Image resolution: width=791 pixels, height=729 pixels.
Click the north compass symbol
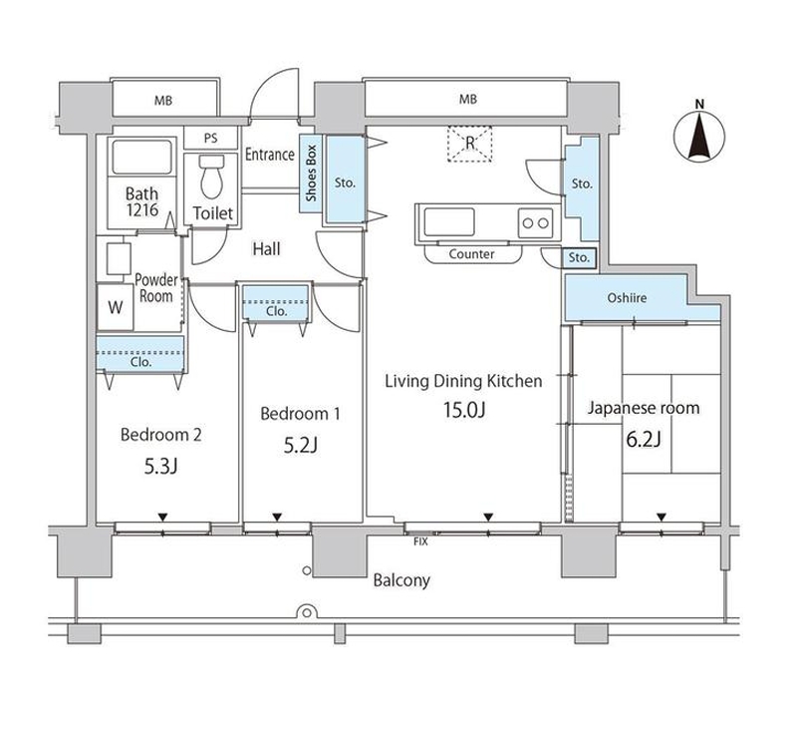click(699, 136)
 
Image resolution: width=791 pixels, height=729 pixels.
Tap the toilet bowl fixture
click(212, 177)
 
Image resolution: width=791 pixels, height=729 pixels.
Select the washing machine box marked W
click(116, 307)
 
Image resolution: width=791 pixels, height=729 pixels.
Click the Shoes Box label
click(311, 174)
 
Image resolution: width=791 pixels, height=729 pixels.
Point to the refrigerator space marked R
click(469, 144)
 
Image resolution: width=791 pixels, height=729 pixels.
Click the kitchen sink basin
click(449, 222)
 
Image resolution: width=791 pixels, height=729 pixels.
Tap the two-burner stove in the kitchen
click(535, 222)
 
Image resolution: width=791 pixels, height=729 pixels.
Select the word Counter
click(471, 254)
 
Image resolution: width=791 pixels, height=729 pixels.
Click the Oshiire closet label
click(627, 298)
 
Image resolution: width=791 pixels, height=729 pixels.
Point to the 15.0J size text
click(464, 410)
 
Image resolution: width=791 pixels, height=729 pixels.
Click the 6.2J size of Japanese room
click(644, 440)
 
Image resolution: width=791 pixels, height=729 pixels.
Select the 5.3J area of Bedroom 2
click(160, 467)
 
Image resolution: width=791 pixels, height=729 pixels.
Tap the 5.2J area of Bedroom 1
click(301, 445)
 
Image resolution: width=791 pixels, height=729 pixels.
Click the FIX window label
click(420, 542)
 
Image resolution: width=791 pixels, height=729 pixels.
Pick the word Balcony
click(401, 580)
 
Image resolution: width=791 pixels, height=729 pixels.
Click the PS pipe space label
click(211, 138)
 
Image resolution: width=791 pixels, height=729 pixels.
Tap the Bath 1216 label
click(141, 201)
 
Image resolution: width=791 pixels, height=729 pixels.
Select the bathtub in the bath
click(141, 158)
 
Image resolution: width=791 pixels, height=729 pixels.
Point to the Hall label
click(266, 249)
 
